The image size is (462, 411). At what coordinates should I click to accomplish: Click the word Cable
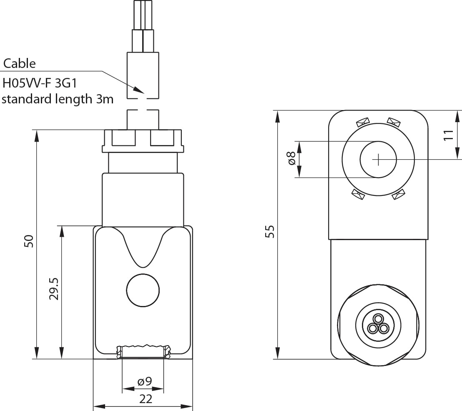(20, 64)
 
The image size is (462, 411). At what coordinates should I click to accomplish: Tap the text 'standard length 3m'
(58, 99)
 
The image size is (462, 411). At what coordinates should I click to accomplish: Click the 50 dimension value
(28, 241)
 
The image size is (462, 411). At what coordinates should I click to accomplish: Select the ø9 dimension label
(144, 381)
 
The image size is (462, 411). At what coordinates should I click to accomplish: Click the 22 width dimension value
(146, 399)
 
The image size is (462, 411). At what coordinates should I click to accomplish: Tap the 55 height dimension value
(270, 231)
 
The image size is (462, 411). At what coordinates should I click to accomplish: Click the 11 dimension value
(448, 135)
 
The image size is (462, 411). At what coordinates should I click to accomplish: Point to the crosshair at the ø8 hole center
(378, 159)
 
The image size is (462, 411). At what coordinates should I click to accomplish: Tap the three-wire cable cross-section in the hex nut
(378, 324)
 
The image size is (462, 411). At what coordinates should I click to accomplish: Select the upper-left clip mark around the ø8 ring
(361, 122)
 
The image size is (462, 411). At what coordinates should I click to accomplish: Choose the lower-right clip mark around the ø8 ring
(398, 195)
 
